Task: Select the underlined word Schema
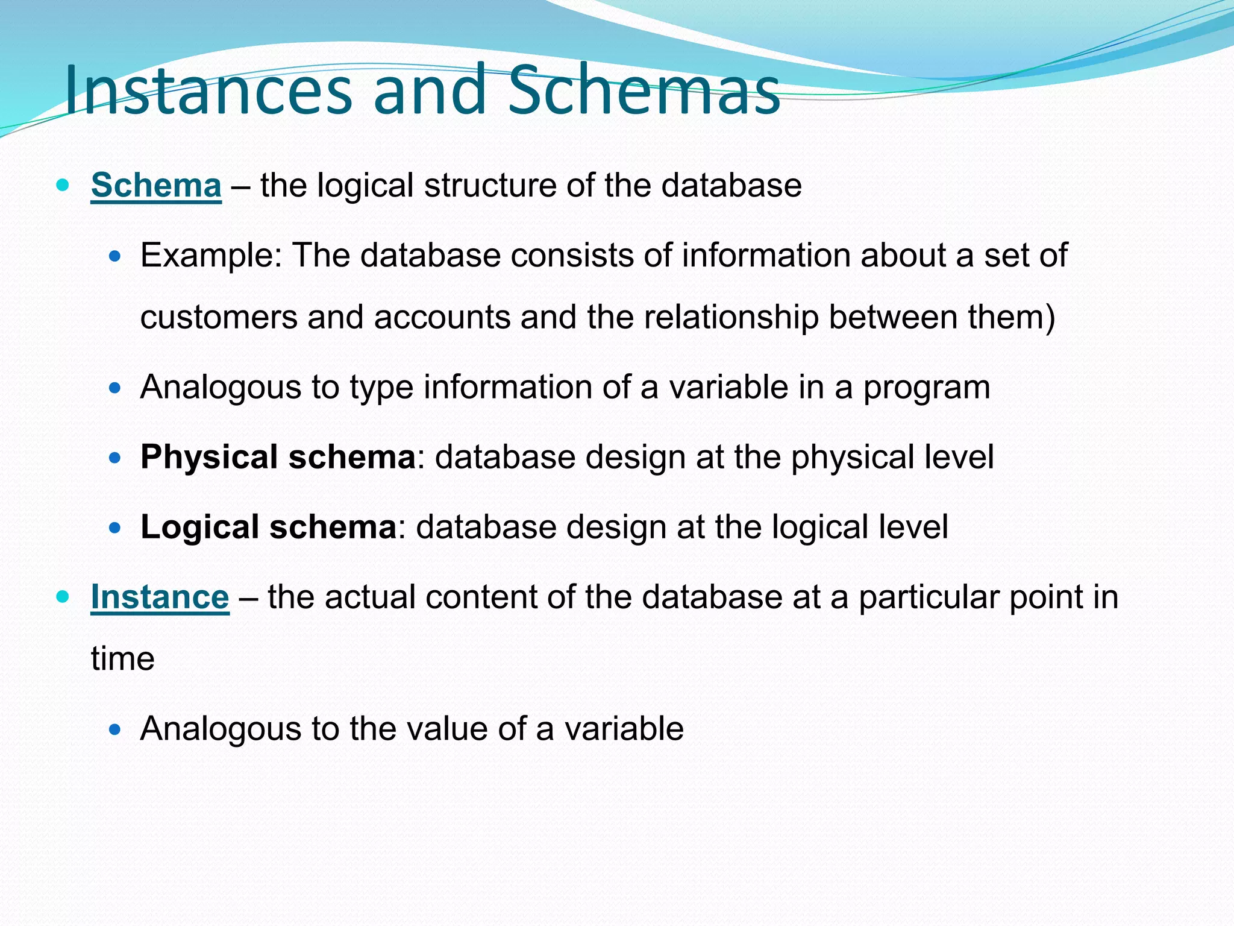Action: click(156, 185)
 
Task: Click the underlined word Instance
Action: click(160, 597)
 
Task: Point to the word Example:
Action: click(211, 256)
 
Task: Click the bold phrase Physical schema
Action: click(278, 457)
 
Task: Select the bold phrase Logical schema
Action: click(269, 527)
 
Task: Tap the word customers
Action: click(219, 317)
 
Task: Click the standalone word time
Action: click(122, 658)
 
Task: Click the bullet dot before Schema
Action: click(62, 184)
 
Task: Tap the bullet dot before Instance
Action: click(62, 597)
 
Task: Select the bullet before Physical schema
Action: click(115, 458)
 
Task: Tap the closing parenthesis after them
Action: click(1049, 318)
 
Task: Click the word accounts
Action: click(442, 317)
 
